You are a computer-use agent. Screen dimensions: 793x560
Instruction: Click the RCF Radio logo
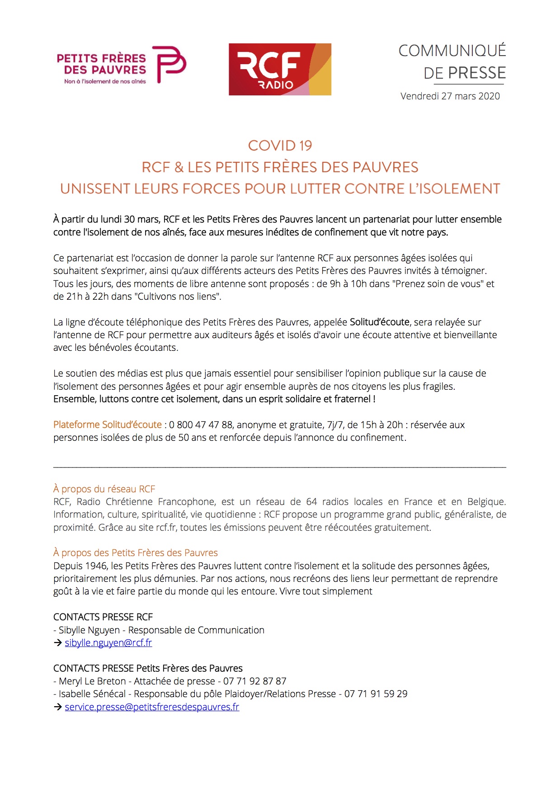pos(280,69)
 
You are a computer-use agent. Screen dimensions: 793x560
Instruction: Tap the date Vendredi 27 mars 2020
pos(450,96)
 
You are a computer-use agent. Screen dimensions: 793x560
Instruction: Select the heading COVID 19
pos(280,146)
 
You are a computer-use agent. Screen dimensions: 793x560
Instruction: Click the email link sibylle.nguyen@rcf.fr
pos(108,643)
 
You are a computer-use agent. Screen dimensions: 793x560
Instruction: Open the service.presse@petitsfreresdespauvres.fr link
pos(152,707)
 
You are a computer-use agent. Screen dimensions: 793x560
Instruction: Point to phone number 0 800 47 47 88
pos(201,425)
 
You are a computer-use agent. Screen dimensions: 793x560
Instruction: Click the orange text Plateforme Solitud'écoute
pos(108,425)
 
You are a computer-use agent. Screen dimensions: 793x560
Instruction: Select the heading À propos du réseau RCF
pos(104,489)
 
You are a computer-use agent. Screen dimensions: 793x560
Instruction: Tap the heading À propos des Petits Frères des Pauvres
pos(136,553)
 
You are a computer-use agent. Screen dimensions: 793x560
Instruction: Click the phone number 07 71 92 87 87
pos(255,681)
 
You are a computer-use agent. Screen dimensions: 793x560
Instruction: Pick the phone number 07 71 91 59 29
pos(376,694)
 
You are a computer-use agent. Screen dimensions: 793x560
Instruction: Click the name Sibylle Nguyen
pos(89,630)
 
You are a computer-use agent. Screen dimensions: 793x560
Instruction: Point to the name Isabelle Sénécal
pos(92,694)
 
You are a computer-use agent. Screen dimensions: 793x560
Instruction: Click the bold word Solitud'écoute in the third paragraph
pos(380,322)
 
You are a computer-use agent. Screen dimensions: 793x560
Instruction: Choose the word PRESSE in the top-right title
pos(477,73)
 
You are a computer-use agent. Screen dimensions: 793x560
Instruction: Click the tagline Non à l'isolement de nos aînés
pos(105,82)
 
